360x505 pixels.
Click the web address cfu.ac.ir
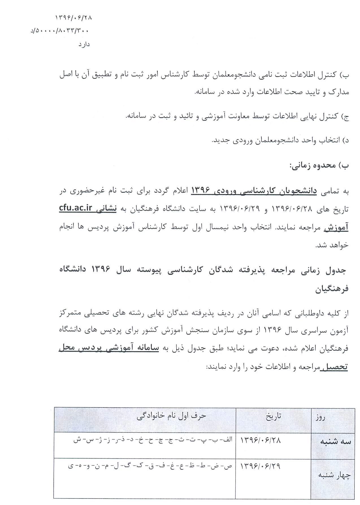click(75, 208)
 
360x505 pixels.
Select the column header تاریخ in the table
click(274, 417)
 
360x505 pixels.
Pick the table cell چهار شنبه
click(332, 475)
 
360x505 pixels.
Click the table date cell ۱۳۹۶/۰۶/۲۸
click(261, 441)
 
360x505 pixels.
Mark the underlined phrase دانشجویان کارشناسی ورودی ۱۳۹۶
click(254, 191)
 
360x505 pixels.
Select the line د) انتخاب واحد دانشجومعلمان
click(280, 141)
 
